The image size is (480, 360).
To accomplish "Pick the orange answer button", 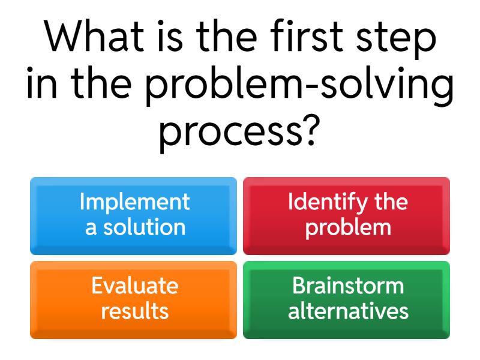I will coord(133,299).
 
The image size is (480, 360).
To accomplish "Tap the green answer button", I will coord(346,299).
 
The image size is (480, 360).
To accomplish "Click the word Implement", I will coord(134,202).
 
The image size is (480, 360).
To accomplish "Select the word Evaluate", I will coord(134,286).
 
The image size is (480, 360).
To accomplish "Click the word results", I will coord(134,311).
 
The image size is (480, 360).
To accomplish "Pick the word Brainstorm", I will coord(348,286).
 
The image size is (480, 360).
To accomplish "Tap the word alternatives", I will coord(348,311).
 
